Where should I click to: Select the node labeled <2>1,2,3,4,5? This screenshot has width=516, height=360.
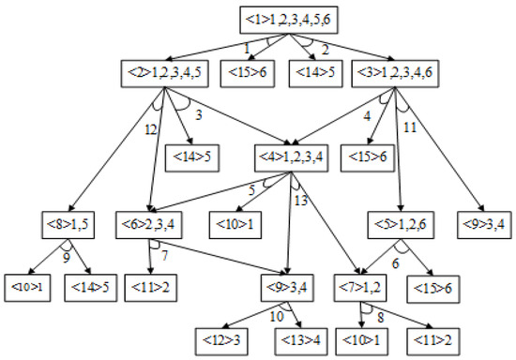click(x=161, y=71)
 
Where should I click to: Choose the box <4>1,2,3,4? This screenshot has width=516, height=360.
click(x=291, y=155)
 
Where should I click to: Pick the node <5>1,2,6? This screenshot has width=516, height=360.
click(x=400, y=226)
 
